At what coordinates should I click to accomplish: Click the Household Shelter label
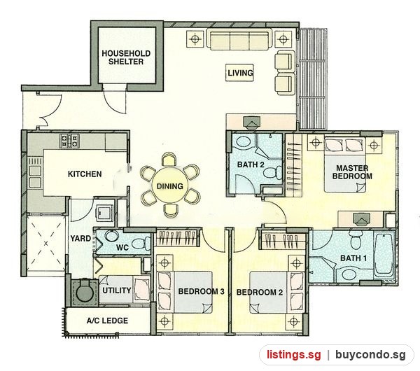[x=126, y=57]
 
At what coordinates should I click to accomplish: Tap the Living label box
[x=239, y=73]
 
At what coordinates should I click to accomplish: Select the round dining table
[x=170, y=186]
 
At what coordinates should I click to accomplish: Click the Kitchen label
[x=85, y=174]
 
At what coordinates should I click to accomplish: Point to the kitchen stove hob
[x=70, y=141]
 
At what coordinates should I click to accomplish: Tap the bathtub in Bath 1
[x=384, y=255]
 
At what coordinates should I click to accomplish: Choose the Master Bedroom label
[x=352, y=172]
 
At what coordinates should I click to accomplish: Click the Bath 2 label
[x=251, y=164]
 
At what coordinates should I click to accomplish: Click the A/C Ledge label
[x=107, y=321]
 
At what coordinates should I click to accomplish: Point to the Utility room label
[x=116, y=290]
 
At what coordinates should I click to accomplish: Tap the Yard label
[x=80, y=238]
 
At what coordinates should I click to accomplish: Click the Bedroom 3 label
[x=201, y=291]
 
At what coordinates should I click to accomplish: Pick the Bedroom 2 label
[x=260, y=292]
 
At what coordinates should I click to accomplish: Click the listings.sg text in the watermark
[x=293, y=355]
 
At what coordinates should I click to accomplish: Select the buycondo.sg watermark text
[x=370, y=355]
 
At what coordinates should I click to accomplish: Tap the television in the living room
[x=252, y=121]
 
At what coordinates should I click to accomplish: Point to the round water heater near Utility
[x=85, y=293]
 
